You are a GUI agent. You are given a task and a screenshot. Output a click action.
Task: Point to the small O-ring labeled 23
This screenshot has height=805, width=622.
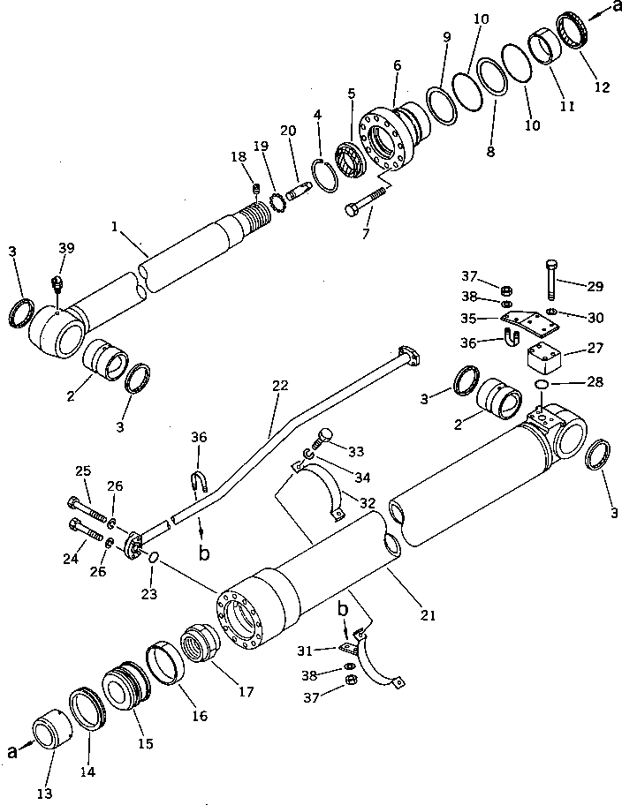pos(151,558)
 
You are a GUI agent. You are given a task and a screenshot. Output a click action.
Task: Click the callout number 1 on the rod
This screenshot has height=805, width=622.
pos(115,226)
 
